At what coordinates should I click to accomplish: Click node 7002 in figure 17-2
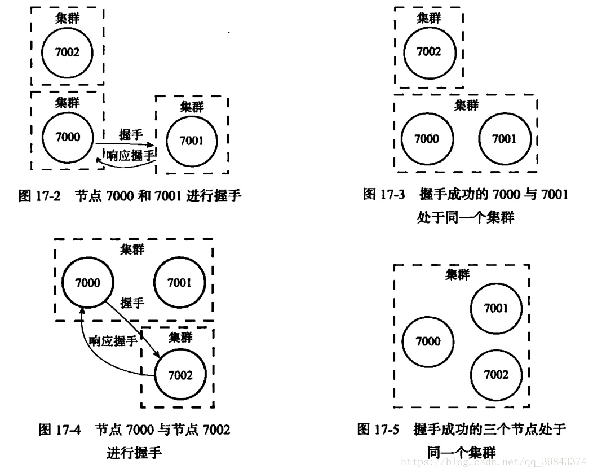pos(68,52)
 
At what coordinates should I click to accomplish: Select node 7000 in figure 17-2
pos(68,137)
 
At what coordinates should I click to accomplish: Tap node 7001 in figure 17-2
pos(192,141)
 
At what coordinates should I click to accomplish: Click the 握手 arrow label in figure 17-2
pos(131,135)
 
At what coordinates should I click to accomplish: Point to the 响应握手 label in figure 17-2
pos(130,155)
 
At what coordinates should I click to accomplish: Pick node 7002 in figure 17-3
pos(428,52)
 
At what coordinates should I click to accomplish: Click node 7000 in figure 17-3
pos(427,139)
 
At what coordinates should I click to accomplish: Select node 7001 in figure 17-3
pos(503,139)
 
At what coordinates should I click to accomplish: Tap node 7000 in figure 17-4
pos(88,281)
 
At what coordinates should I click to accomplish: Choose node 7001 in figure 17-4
pos(179,283)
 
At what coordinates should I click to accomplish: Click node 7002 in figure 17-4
pos(180,375)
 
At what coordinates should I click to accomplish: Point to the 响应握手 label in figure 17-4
pos(113,341)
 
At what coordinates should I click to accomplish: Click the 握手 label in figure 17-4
pos(132,303)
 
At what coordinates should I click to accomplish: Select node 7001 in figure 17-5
pos(496,309)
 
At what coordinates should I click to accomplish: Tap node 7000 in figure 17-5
pos(428,341)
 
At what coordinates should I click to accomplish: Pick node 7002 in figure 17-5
pos(496,375)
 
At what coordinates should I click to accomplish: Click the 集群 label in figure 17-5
pos(457,275)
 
